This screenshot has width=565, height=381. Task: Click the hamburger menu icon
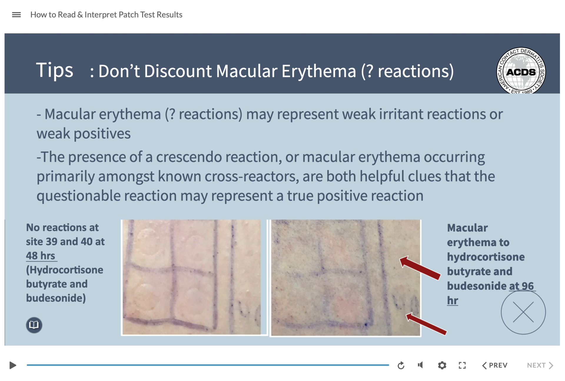[x=16, y=15]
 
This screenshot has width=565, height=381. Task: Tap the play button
[x=13, y=365]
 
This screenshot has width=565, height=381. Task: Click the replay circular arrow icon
[x=401, y=365]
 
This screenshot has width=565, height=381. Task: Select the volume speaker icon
[x=421, y=365]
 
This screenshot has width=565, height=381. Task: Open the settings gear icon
[x=442, y=365]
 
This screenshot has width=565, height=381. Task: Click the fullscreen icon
[x=462, y=365]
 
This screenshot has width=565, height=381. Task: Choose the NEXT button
[x=540, y=365]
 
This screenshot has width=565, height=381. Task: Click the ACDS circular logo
[x=521, y=71]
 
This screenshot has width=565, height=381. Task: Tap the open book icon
[x=34, y=325]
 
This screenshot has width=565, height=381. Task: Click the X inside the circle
[x=523, y=312]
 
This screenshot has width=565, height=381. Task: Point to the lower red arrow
[x=426, y=324]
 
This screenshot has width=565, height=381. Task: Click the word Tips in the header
[x=54, y=71]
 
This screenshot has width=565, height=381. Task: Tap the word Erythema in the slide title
[x=319, y=71]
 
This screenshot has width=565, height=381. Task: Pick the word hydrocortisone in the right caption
[x=486, y=257]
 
